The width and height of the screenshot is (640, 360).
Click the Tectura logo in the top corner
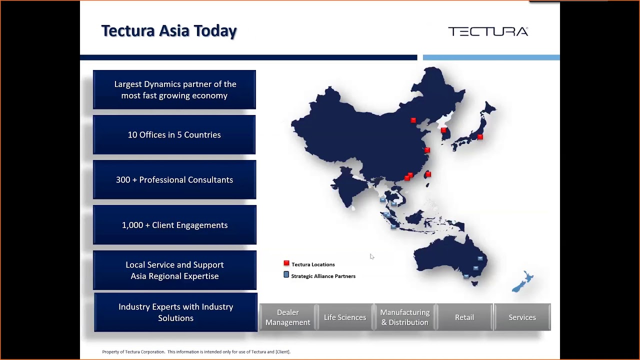488,31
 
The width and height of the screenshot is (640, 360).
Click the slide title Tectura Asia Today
169,31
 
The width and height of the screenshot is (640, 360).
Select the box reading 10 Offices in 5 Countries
174,134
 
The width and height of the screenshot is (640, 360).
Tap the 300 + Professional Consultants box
174,179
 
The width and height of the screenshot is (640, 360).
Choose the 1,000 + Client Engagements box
175,225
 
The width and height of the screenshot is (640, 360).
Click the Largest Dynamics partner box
174,89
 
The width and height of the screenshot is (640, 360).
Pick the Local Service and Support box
175,270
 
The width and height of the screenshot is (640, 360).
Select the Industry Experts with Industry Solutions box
175,312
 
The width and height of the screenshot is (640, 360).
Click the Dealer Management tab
287,317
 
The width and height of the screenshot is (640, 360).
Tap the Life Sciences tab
345,317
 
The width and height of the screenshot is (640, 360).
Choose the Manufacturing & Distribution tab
405,317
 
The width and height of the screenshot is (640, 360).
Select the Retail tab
464,317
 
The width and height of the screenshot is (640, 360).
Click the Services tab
522,317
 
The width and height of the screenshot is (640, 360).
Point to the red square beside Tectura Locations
286,263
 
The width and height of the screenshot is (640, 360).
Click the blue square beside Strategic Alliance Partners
286,274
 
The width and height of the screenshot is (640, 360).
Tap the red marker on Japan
480,137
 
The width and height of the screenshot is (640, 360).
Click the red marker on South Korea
443,130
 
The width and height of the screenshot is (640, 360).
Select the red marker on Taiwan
428,174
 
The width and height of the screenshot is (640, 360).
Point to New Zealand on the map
523,281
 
